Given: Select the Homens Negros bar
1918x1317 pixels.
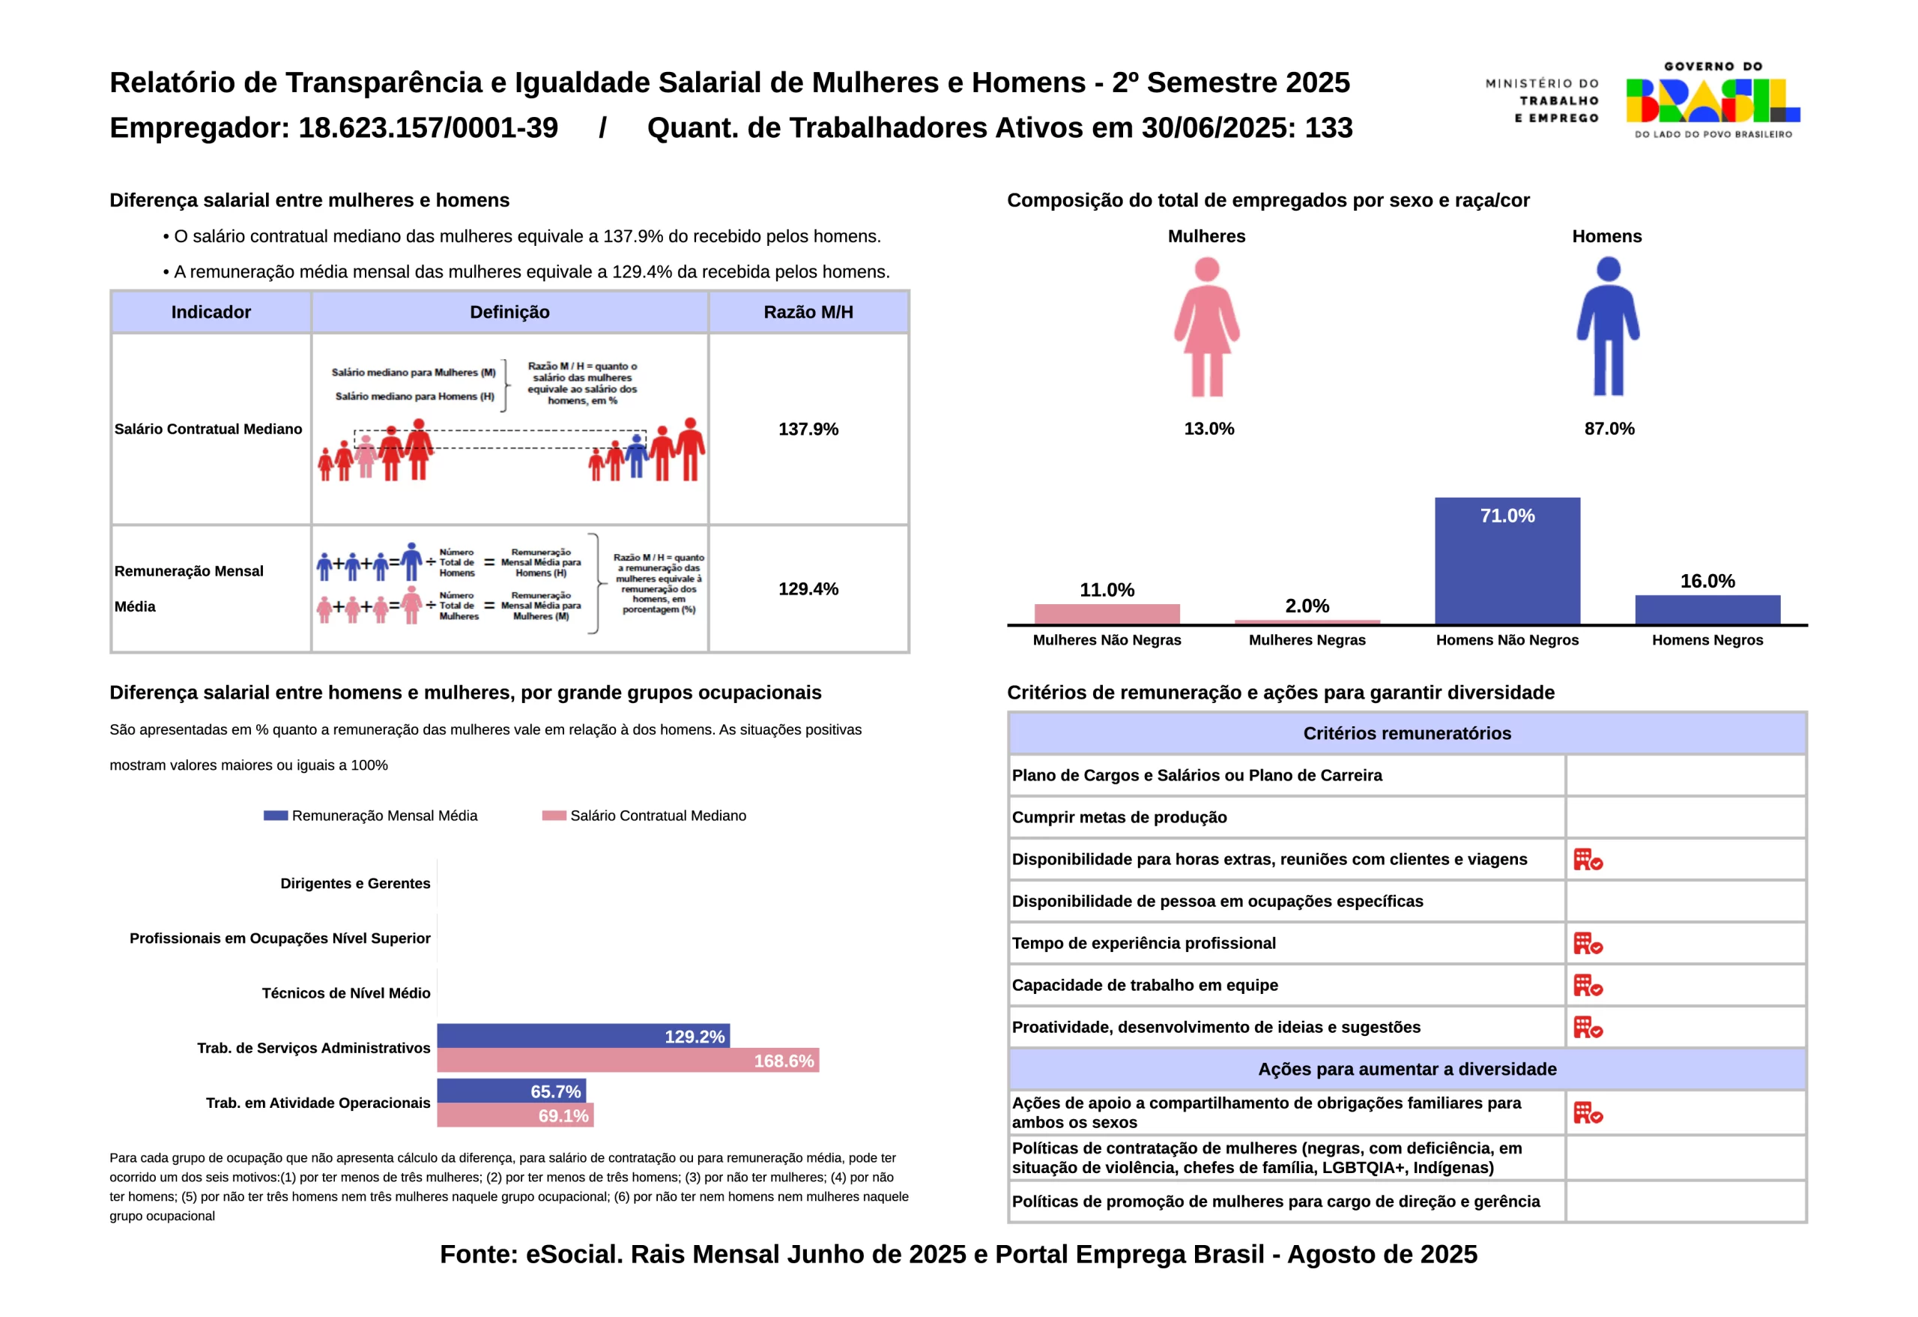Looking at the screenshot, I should [x=1707, y=609].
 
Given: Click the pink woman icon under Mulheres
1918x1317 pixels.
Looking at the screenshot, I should [x=1206, y=327].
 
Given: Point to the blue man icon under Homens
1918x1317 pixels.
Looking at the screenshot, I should [x=1608, y=327].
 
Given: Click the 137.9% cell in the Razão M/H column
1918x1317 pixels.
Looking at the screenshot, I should [x=808, y=430].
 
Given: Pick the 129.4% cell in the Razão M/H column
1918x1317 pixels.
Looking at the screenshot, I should [x=808, y=588].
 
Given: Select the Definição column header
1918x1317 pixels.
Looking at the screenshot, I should [x=509, y=312].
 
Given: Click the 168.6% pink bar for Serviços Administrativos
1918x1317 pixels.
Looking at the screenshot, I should [x=627, y=1060].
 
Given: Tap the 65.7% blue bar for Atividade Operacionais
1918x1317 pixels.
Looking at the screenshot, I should [x=511, y=1091].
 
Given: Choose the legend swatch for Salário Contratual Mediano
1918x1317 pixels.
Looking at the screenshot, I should [x=554, y=816].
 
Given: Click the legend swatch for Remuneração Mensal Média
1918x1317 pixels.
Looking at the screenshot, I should [x=276, y=816].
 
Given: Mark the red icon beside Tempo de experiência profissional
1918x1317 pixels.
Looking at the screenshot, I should [x=1587, y=943].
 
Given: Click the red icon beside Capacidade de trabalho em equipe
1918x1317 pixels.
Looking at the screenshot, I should [x=1587, y=985].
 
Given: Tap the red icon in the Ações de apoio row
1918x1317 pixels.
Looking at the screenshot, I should [x=1587, y=1112].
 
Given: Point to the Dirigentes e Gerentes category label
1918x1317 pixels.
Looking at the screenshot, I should [x=355, y=884].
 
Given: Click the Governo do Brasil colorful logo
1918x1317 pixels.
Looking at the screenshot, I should [x=1713, y=100].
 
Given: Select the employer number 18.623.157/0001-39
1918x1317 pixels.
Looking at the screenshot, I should [x=428, y=128].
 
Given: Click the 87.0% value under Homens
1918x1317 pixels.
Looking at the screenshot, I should [x=1609, y=429].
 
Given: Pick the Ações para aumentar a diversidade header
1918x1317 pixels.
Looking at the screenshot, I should [x=1406, y=1070].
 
